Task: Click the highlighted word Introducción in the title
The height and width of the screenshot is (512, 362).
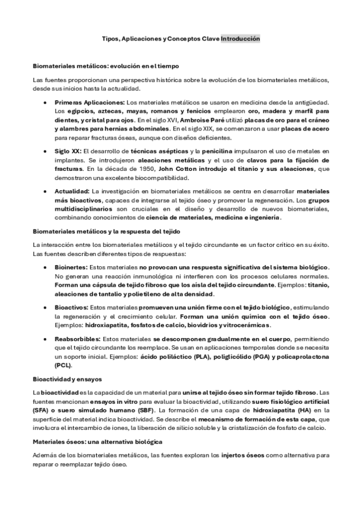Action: (241, 38)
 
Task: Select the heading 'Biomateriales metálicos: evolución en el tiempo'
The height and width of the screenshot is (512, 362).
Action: (109, 65)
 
